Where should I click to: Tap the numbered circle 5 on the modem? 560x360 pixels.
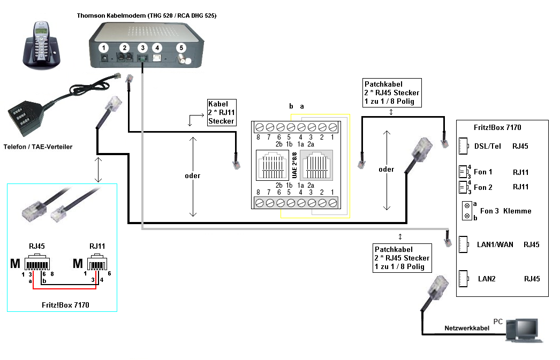pyautogui.click(x=181, y=48)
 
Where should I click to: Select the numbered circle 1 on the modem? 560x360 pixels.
pyautogui.click(x=103, y=48)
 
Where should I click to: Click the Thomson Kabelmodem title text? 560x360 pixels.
pyautogui.click(x=147, y=16)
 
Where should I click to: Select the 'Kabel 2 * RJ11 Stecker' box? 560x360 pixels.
pyautogui.click(x=222, y=112)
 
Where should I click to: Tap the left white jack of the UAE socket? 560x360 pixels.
pyautogui.click(x=273, y=165)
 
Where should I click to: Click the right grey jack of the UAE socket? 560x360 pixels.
pyautogui.click(x=316, y=165)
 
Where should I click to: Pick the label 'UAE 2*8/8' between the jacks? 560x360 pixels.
pyautogui.click(x=294, y=165)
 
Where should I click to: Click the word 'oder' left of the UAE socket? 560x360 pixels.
pyautogui.click(x=193, y=176)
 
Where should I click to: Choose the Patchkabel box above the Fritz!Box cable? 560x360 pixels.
pyautogui.click(x=392, y=93)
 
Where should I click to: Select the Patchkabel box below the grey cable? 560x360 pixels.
pyautogui.click(x=402, y=258)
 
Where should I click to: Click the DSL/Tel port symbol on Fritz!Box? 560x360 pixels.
pyautogui.click(x=463, y=146)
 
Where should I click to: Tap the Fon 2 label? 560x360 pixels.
pyautogui.click(x=483, y=187)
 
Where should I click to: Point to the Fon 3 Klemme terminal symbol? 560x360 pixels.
pyautogui.click(x=467, y=211)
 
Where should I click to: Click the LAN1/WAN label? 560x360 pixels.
pyautogui.click(x=495, y=245)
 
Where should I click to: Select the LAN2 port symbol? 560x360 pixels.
pyautogui.click(x=463, y=279)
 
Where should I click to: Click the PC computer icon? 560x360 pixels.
pyautogui.click(x=524, y=331)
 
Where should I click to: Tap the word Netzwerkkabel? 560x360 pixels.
pyautogui.click(x=467, y=328)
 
